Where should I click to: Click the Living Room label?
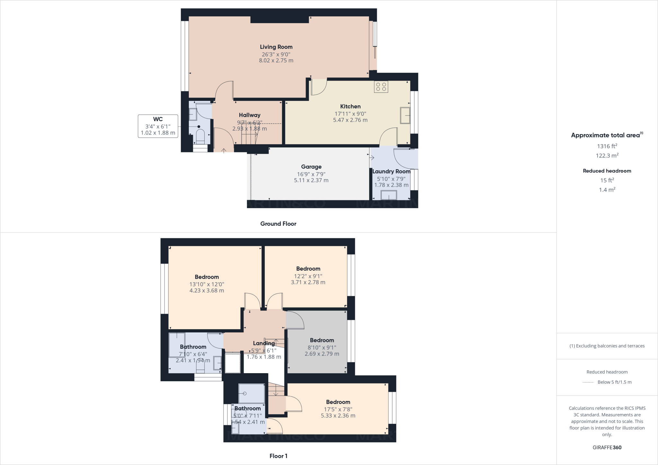tap(276, 47)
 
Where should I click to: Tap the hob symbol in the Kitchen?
tap(381, 87)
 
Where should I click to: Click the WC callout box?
tap(158, 126)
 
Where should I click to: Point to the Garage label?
tap(311, 167)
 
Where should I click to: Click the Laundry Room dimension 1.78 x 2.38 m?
tap(391, 185)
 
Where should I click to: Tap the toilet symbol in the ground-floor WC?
tap(200, 136)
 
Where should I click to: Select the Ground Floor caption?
tap(278, 224)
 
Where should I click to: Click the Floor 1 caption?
tap(278, 456)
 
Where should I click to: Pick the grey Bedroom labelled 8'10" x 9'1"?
tap(322, 340)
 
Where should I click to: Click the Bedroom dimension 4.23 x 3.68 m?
tap(207, 291)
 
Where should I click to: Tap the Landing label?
tap(264, 343)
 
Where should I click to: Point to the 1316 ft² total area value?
tap(607, 146)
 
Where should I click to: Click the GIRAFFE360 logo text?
tap(607, 447)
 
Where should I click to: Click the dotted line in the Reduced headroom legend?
tap(588, 382)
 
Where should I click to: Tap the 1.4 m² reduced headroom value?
tap(607, 190)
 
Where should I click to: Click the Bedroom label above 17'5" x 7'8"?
tap(338, 402)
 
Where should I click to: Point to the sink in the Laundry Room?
tap(389, 195)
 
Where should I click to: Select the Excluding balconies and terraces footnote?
tap(607, 346)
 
